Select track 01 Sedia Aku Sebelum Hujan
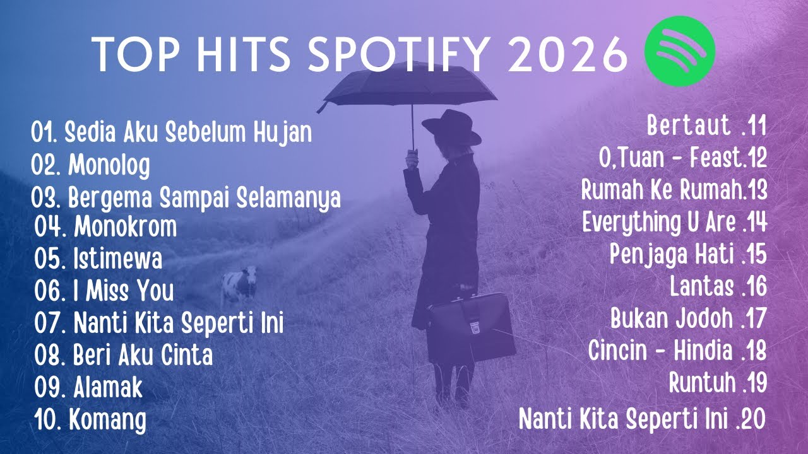coord(171,132)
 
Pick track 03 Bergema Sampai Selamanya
coord(186,197)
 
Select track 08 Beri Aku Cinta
coord(124,356)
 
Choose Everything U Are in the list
coord(674,222)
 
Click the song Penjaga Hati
coord(688,254)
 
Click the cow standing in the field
coord(241,284)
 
